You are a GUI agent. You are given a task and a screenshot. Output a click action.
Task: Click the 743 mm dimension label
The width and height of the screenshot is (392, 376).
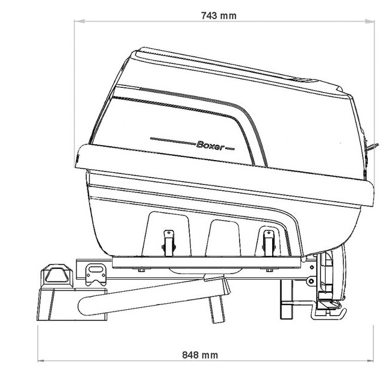tap(219, 16)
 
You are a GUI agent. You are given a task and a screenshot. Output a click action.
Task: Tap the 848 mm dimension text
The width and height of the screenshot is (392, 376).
tap(200, 355)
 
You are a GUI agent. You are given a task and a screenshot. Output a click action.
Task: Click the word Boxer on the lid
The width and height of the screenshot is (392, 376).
tap(211, 146)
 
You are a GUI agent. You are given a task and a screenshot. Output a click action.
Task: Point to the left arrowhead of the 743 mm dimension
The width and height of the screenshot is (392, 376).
tap(79, 22)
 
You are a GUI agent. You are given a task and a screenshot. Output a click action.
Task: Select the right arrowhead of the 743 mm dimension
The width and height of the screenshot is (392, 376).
tap(369, 22)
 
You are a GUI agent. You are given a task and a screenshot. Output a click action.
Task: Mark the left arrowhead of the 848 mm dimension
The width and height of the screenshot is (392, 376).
tap(43, 360)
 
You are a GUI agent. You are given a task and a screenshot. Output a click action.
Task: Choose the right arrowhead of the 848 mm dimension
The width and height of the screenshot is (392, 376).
tap(368, 360)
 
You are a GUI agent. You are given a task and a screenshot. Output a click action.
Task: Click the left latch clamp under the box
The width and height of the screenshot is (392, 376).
tap(169, 243)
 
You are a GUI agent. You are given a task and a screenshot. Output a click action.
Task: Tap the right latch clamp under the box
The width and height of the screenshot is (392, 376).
tap(269, 243)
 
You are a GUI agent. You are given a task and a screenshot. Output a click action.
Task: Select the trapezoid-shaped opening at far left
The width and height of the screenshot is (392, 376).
tap(56, 275)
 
